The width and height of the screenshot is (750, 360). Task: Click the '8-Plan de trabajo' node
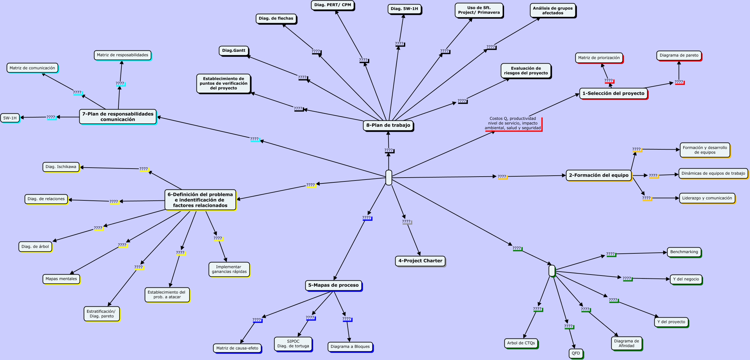[388, 125]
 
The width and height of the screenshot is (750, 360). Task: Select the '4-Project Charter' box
[420, 261]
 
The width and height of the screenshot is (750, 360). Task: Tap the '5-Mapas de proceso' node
[333, 285]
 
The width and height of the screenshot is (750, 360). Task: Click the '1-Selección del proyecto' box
[613, 93]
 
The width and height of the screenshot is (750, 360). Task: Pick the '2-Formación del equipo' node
[598, 175]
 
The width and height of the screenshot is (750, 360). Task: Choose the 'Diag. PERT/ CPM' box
[332, 5]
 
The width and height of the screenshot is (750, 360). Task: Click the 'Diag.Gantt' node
[234, 51]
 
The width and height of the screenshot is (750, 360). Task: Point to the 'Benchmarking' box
[684, 252]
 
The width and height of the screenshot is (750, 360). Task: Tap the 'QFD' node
[576, 353]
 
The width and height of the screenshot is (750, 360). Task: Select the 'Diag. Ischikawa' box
[61, 167]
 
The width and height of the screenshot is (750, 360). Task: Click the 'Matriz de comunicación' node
[32, 68]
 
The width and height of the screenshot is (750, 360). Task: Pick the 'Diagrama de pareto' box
[679, 56]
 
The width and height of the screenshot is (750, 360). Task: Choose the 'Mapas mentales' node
[61, 279]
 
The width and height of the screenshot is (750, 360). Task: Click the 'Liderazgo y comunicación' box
[707, 198]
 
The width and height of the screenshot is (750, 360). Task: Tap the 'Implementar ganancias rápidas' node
[229, 269]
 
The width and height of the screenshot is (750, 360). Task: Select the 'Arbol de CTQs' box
[521, 343]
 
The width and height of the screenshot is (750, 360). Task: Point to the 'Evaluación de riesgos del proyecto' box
[526, 71]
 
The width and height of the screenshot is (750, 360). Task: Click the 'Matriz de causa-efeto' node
[237, 348]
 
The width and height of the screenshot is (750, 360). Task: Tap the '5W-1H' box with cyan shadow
[10, 118]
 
